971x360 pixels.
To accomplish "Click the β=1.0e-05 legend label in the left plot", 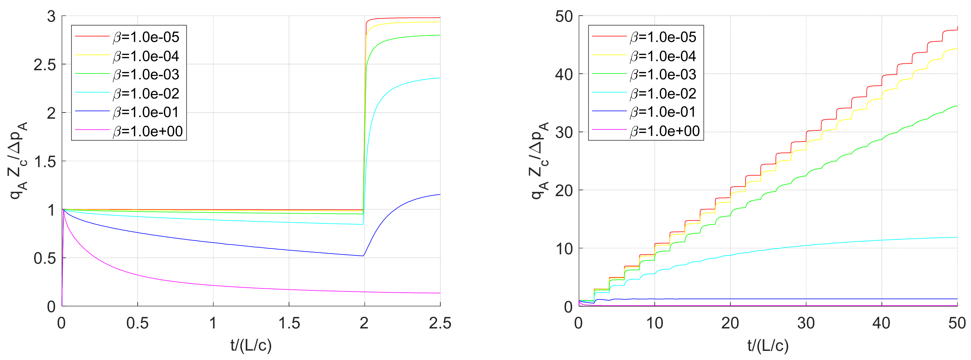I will point(146,37).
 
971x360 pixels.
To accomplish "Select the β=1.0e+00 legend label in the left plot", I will point(148,131).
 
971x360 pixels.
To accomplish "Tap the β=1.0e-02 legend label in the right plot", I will point(663,93).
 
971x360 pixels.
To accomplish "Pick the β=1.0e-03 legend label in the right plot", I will point(663,75).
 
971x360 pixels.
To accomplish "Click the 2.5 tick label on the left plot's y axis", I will point(45,65).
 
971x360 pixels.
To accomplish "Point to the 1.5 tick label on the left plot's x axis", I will point(289,324).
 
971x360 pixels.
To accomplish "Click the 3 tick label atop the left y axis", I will point(51,17).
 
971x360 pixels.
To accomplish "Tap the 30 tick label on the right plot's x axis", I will point(806,324).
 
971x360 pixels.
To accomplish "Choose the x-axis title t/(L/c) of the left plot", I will point(251,345).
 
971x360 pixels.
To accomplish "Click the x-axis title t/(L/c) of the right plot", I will point(768,345).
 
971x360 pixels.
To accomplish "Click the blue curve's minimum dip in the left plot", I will point(363,256).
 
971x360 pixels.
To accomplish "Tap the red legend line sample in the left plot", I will point(92,36).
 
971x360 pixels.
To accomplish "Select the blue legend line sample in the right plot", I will point(609,112).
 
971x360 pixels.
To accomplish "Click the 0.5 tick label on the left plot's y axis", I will point(45,259).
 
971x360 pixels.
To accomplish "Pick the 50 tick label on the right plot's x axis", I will point(957,324).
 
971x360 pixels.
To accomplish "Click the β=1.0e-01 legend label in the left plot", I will point(146,112).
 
